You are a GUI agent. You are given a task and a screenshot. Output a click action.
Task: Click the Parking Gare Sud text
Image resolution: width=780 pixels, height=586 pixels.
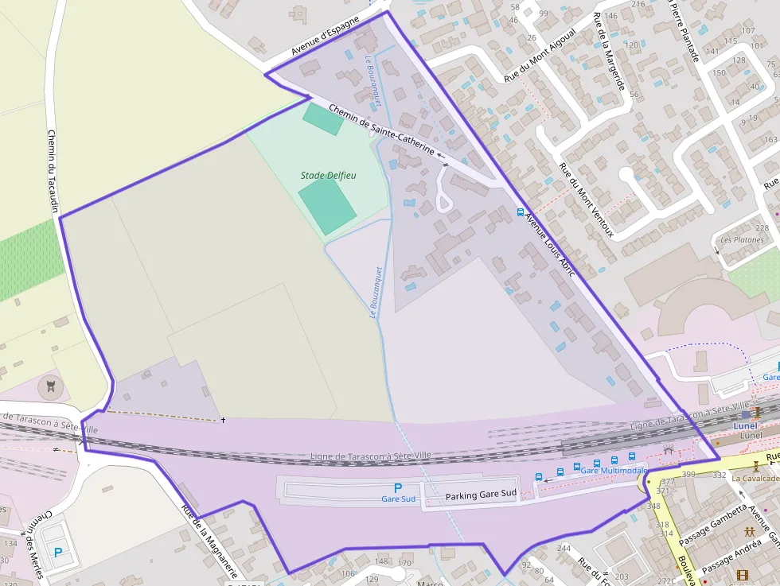[481, 495]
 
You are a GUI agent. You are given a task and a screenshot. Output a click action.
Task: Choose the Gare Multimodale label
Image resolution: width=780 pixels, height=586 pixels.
[614, 471]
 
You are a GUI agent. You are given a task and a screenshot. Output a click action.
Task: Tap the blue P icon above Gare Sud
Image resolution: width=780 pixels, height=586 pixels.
[399, 487]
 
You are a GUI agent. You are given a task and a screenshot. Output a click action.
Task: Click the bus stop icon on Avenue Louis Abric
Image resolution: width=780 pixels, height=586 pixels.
[521, 212]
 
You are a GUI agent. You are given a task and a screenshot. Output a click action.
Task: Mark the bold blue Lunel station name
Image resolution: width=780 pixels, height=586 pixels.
[745, 425]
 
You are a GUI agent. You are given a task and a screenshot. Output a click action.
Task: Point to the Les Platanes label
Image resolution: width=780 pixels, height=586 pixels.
[741, 240]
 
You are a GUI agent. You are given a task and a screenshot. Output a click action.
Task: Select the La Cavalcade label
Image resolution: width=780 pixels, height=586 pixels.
[755, 479]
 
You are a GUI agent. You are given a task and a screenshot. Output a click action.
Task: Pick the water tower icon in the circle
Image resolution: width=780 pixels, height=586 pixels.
[53, 387]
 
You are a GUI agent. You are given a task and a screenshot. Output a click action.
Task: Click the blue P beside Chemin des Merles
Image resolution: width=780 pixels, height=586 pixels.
[58, 552]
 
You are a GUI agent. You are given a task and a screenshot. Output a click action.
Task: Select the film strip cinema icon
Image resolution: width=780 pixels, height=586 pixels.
[743, 575]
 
